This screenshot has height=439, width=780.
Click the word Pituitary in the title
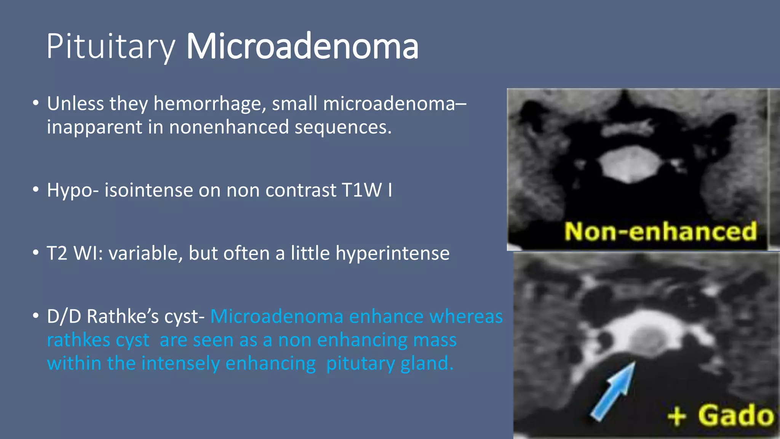110,47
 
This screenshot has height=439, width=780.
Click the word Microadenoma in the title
302,47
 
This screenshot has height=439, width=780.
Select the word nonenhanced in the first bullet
229,127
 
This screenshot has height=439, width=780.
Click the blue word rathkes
98,340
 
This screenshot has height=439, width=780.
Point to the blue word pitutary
361,364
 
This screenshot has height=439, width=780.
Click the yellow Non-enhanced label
660,232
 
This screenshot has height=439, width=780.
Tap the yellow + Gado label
721,415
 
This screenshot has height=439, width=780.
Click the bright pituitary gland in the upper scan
630,165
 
